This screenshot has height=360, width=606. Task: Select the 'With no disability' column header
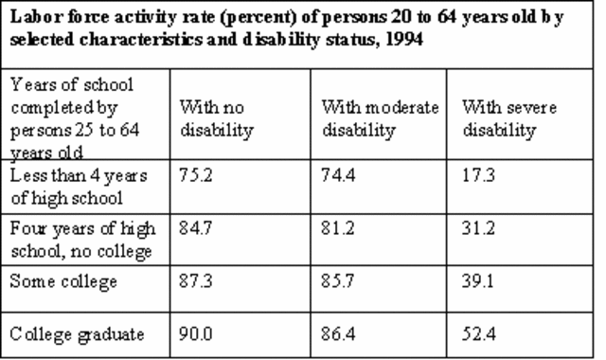[x=215, y=119]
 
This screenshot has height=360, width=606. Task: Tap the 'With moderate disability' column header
[x=380, y=119]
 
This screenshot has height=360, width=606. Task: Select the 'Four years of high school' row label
[x=75, y=239]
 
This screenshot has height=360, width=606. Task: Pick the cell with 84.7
[x=193, y=228]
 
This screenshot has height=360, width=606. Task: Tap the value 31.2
[x=477, y=228]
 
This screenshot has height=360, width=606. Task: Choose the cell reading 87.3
[x=193, y=282]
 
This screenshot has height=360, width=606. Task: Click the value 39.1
[x=477, y=282]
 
